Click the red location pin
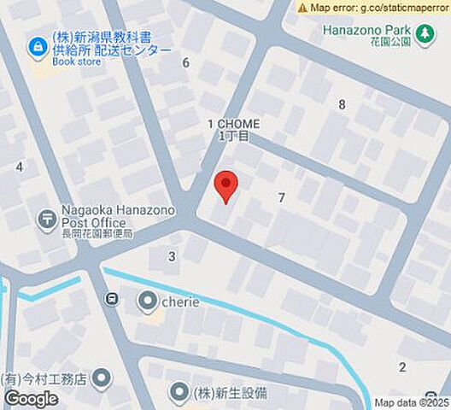[x=225, y=184]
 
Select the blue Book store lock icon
[x=38, y=48]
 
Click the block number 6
[x=185, y=62]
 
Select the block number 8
[x=342, y=105]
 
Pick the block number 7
[x=281, y=198]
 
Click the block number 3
[x=172, y=256]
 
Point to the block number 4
[x=19, y=167]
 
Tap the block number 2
[x=402, y=367]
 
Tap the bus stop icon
[x=111, y=298]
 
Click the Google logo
[x=31, y=398]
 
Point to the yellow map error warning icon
[x=302, y=7]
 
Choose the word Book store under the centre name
[x=75, y=61]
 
